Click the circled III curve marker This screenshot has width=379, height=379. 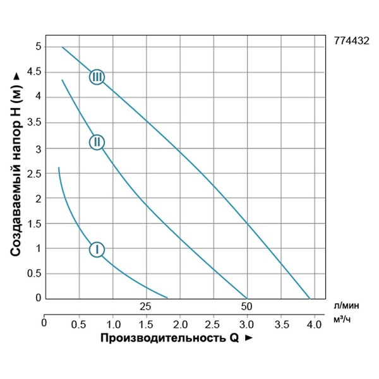(x=97, y=77)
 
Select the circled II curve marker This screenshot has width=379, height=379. (x=96, y=141)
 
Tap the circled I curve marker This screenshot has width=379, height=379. (x=97, y=249)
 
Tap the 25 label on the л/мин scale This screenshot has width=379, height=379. (x=146, y=306)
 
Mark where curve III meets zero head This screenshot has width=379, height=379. (x=310, y=298)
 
